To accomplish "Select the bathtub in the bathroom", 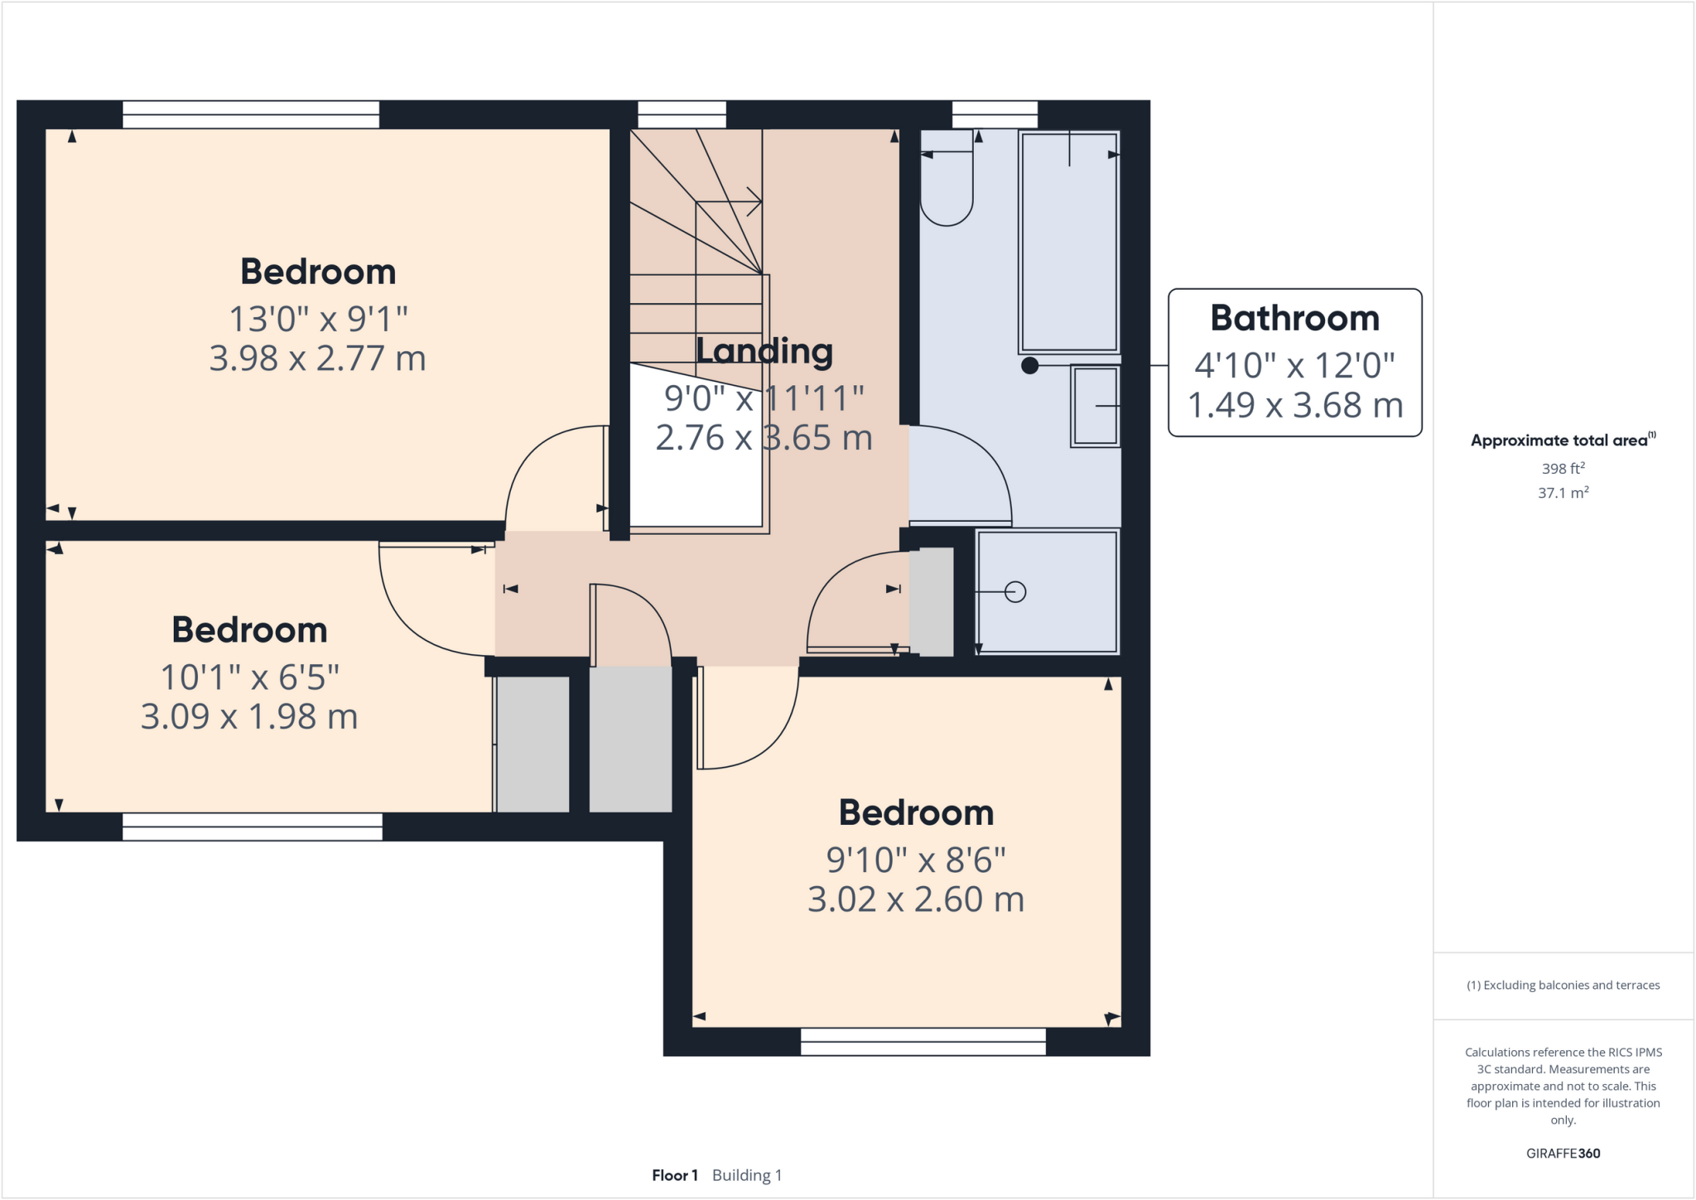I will (1069, 242).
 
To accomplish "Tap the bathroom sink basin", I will (1095, 406).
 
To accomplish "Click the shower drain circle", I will (1015, 592).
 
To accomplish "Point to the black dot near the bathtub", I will (1029, 365).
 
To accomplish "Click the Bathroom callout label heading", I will (1294, 318).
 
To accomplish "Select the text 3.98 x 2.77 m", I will (317, 359).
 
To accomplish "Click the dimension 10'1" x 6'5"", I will (249, 677).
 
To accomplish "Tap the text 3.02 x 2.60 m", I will (915, 899).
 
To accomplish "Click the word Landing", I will (764, 351).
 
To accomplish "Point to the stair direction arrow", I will (753, 200).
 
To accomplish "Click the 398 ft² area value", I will (1563, 469).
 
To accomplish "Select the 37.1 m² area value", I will (1563, 493).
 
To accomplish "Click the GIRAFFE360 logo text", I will (1563, 1154).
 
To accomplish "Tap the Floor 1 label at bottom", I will (674, 1175).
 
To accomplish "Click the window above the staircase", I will (682, 114).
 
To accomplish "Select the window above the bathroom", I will (995, 114).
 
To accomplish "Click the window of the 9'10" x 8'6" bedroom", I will (923, 1042).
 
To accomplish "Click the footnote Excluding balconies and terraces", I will (1563, 986).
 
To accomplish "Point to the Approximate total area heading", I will (1559, 441).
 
